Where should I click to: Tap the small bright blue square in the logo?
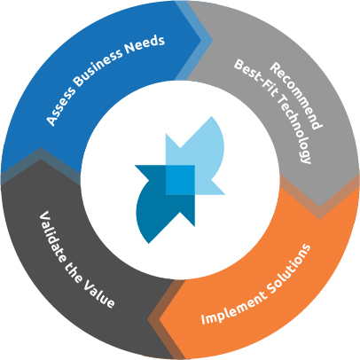(x=180, y=179)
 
